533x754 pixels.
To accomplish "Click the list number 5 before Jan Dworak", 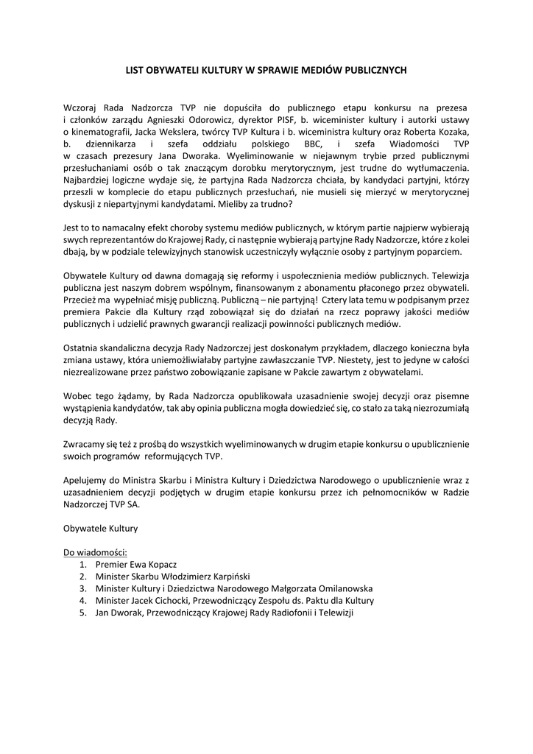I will coord(83,612).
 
